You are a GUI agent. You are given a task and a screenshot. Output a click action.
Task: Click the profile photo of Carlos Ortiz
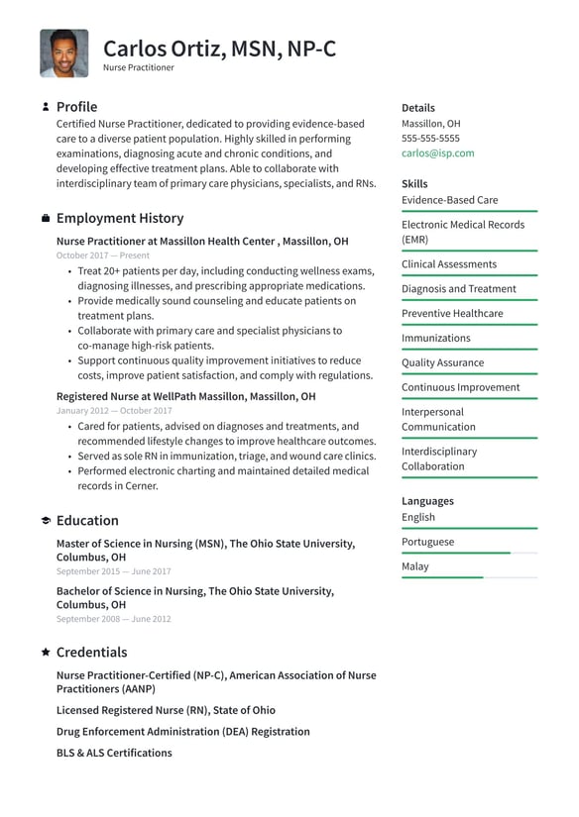coord(64,53)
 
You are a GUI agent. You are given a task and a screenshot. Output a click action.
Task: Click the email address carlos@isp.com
coord(437,153)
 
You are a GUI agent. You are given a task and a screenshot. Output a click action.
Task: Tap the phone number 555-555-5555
coord(430,139)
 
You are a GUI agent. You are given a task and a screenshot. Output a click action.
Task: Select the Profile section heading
coord(76,107)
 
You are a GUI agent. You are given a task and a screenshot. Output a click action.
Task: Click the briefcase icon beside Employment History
coord(46,218)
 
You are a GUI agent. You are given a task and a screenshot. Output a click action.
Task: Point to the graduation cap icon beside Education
coord(46,521)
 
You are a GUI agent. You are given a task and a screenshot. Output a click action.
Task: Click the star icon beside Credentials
coord(46,653)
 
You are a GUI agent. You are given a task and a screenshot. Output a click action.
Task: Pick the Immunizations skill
coord(435,339)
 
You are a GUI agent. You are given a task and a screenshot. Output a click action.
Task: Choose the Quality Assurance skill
coord(442,363)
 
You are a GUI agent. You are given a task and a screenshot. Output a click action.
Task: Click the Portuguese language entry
coord(427,542)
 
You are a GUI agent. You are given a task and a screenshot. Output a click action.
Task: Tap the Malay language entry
coord(415,566)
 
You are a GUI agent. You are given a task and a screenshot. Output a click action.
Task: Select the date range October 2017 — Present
coord(103,255)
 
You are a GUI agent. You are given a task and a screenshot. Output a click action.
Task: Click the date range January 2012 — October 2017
coord(114,410)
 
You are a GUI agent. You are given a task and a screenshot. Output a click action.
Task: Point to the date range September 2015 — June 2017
coord(113,571)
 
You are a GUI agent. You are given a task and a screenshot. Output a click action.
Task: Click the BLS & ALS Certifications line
coord(114,753)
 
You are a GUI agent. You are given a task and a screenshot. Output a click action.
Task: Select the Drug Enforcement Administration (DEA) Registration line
coord(182,732)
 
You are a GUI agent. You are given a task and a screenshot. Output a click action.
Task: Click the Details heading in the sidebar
coord(417,108)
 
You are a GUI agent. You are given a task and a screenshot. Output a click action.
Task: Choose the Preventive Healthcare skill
coord(452,314)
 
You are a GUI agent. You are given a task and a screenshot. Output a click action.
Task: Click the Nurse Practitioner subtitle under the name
coord(138,68)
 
